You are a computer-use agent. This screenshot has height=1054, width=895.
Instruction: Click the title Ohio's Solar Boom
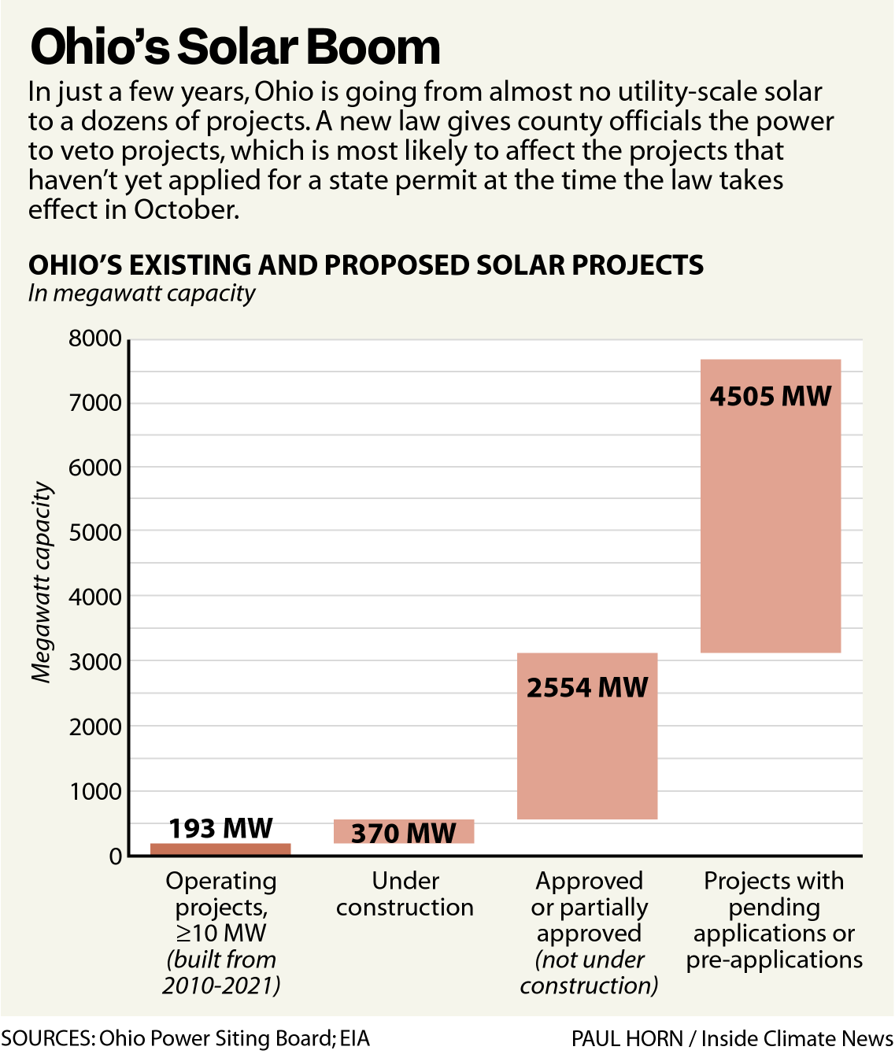(x=235, y=47)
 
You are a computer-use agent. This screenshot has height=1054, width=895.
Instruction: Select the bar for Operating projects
(x=220, y=849)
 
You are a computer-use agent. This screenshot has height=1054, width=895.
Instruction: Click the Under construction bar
(x=404, y=831)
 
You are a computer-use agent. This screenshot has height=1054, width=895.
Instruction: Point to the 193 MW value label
(x=220, y=828)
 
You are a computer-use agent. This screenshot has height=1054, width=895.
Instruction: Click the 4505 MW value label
(x=771, y=396)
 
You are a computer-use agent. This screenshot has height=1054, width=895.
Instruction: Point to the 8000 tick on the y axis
(x=95, y=339)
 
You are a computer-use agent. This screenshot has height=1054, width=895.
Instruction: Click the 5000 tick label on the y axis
(x=95, y=533)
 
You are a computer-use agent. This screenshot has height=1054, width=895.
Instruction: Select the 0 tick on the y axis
(x=116, y=856)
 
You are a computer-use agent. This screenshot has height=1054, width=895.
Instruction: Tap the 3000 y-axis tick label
(x=95, y=662)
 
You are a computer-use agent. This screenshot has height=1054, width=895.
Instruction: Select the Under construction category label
(x=405, y=894)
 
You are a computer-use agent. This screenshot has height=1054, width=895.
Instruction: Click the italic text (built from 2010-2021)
(x=221, y=973)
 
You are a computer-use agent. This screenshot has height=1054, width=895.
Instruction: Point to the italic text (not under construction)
(x=589, y=973)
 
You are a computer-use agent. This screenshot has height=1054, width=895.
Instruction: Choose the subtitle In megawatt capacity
(x=142, y=294)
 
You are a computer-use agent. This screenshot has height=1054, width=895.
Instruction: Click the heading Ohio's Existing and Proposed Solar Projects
(x=366, y=265)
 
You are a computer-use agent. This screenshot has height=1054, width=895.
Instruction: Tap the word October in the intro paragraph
(x=185, y=210)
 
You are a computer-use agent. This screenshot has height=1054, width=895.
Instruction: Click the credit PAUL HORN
(x=627, y=1038)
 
